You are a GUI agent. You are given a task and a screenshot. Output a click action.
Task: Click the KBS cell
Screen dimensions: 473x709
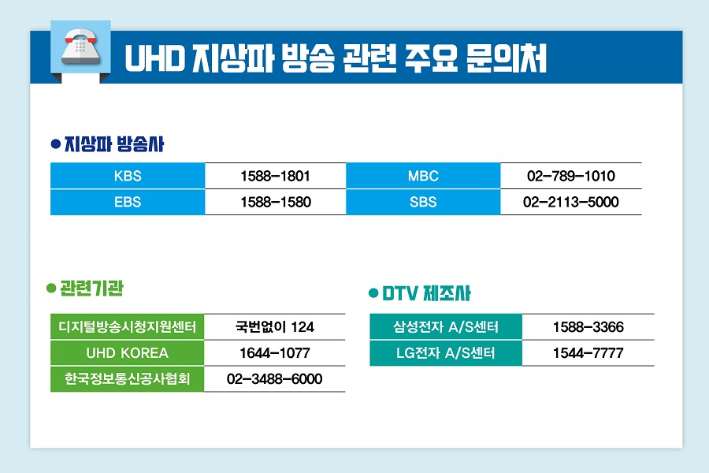[128, 176]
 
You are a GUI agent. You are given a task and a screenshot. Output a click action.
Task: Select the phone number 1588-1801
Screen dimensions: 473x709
[276, 176]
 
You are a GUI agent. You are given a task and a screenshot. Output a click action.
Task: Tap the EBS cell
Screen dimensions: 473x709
[128, 202]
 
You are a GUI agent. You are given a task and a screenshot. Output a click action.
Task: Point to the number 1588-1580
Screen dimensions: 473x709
[276, 202]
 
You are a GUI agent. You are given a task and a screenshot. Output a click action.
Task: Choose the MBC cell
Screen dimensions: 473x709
[423, 176]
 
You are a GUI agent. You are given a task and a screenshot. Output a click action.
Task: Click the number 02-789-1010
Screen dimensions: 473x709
[571, 176]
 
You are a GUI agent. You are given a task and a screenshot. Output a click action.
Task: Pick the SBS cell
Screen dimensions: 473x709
[423, 202]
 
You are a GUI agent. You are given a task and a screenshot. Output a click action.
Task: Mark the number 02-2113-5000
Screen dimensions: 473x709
[571, 202]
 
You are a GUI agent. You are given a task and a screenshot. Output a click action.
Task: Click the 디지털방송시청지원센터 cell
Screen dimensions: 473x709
[128, 326]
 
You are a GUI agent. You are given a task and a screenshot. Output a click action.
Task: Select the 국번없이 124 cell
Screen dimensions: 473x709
[275, 326]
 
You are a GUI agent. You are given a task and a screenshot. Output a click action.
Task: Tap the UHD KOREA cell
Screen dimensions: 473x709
[128, 352]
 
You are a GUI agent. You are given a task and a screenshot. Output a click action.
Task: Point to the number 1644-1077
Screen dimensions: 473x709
[275, 352]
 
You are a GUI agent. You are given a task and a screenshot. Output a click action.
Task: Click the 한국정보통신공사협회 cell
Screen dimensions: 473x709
[128, 379]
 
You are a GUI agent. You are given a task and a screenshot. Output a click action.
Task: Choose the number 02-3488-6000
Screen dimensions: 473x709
[275, 379]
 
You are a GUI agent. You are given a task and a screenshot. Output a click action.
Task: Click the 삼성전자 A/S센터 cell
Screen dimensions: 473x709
[446, 326]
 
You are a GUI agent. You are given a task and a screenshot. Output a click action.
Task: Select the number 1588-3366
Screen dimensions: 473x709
[588, 326]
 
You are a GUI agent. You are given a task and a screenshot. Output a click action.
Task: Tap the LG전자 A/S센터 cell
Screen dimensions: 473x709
[446, 353]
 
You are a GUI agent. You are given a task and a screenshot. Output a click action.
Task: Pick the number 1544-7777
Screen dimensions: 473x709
[588, 353]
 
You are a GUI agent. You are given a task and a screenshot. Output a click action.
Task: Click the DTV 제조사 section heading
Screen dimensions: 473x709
[426, 294]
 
